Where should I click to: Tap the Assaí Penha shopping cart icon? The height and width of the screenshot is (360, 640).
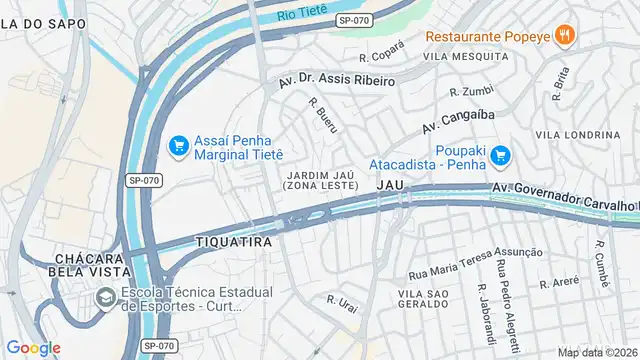[x=179, y=147]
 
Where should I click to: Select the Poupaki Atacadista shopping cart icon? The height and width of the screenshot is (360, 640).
[x=501, y=155]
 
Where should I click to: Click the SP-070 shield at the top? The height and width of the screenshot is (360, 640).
[x=353, y=19]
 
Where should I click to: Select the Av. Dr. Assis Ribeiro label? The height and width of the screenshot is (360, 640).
[x=338, y=79]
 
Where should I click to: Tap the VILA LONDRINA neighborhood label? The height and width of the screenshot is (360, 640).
[x=577, y=134]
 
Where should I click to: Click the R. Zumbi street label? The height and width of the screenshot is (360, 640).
[x=472, y=91]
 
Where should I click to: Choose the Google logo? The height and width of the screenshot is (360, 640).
[x=34, y=347]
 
